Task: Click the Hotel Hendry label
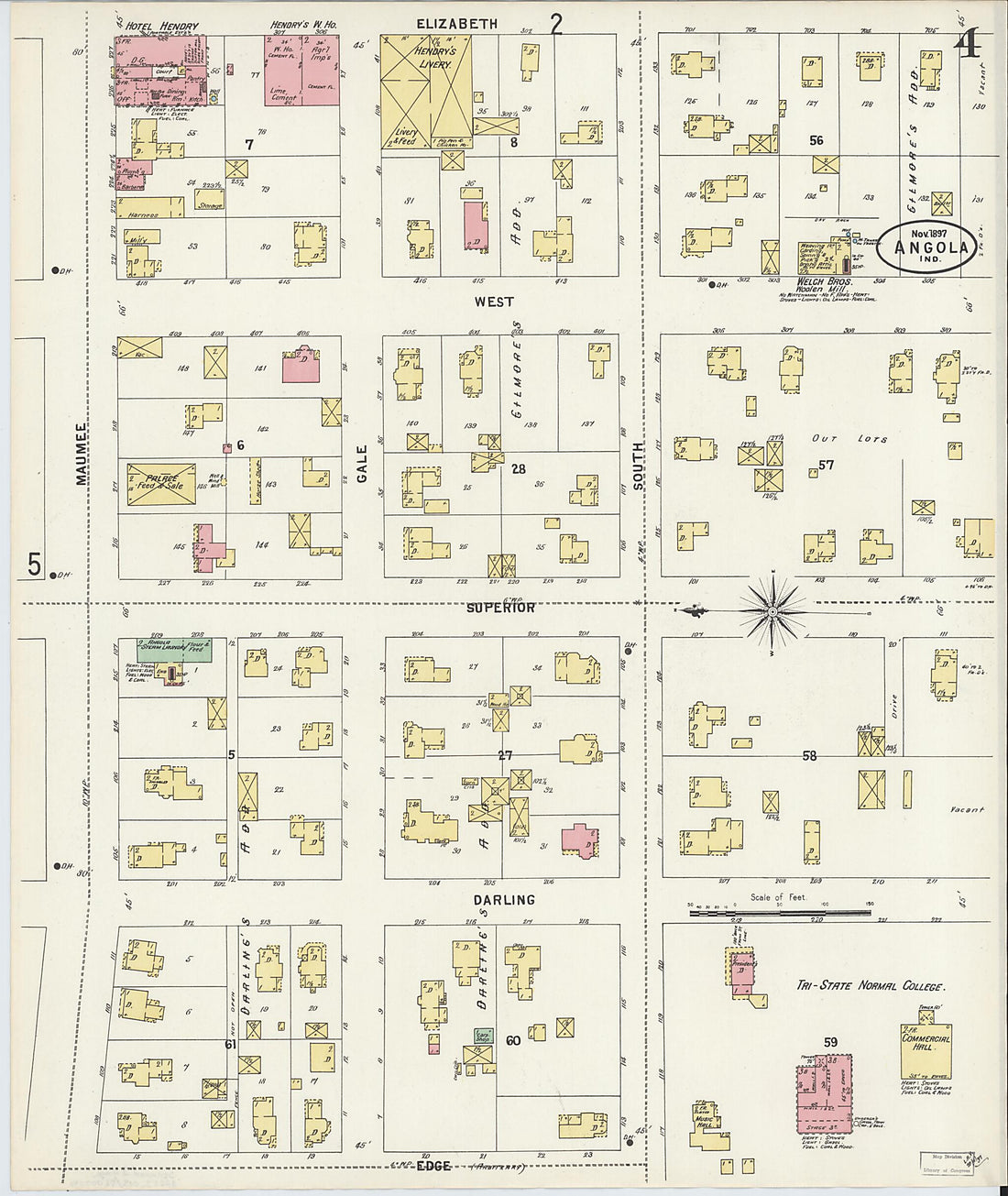point(151,27)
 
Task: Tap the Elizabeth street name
point(456,24)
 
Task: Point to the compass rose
point(772,609)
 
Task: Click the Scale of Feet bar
point(779,912)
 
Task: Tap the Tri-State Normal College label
point(869,986)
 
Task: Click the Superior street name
point(499,608)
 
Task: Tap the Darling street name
point(503,900)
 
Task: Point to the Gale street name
point(362,463)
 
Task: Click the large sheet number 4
point(967,44)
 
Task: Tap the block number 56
point(816,140)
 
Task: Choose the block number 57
point(826,466)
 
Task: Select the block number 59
point(830,1042)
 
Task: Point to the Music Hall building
point(704,1124)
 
